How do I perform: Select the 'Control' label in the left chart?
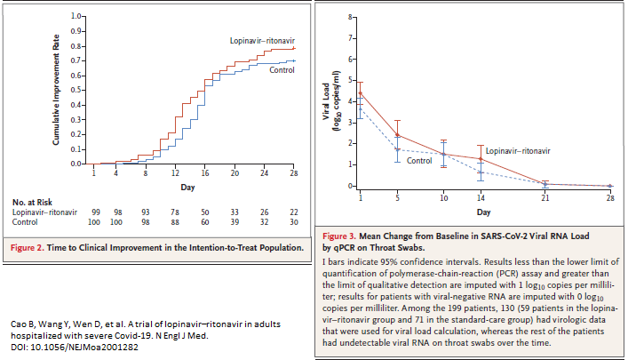282,68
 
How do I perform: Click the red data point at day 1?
360,92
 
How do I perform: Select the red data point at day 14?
481,159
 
